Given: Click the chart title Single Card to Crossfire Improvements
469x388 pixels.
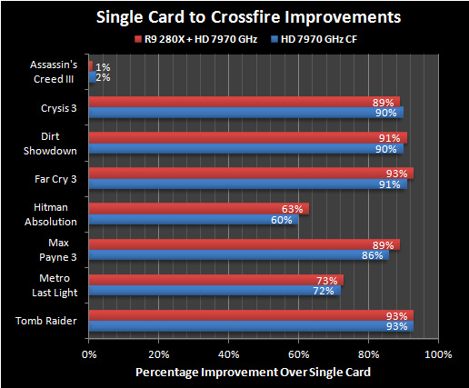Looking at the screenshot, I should coord(234,17).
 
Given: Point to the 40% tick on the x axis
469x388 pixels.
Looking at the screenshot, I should coord(228,353).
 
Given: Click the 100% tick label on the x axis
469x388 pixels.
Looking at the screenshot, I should coord(438,353).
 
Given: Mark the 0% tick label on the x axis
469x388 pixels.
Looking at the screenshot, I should coord(88,353).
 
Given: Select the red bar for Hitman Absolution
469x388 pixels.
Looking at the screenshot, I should coord(198,208).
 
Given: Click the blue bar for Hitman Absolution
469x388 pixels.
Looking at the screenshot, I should coord(193,220).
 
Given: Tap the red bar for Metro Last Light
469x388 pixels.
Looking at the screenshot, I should coord(215,280).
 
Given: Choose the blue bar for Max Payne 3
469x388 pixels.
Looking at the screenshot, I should coord(238,255).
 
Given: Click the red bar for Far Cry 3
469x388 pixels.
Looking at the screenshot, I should coord(250,173).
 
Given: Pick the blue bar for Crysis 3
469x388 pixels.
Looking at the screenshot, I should coord(245,113).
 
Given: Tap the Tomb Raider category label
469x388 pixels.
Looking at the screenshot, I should coord(54,321).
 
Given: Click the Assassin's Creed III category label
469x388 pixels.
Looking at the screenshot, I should coord(54,73).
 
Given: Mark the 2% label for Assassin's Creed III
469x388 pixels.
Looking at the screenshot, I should coord(103,78).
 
